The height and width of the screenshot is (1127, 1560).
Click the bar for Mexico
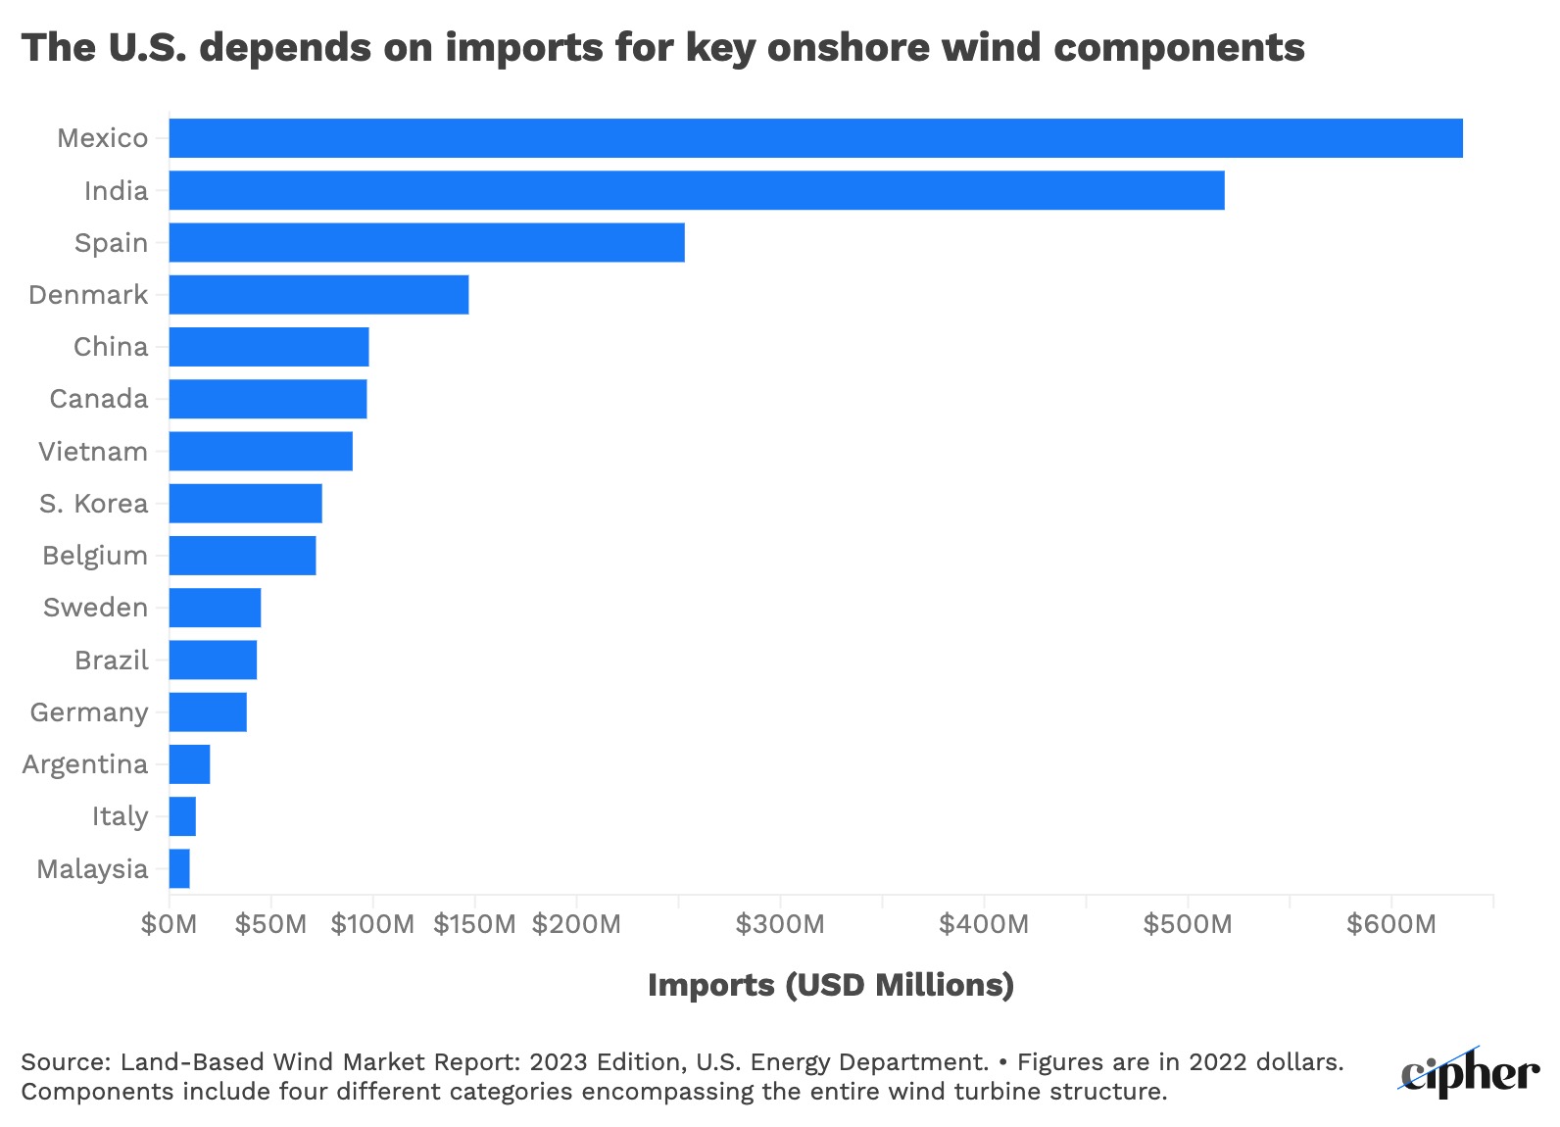[x=815, y=138]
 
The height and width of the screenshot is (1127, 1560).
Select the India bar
[x=696, y=190]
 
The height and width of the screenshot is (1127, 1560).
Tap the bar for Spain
[x=426, y=242]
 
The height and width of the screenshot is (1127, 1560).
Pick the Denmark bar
[x=318, y=294]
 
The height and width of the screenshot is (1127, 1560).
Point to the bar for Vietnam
[x=261, y=451]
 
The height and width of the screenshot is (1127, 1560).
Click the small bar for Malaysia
[x=179, y=868]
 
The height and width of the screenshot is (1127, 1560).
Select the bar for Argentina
[x=189, y=764]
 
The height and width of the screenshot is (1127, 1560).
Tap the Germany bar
[x=208, y=711]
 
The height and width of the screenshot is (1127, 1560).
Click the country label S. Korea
[x=93, y=504]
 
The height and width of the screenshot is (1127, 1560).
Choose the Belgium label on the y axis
[x=95, y=556]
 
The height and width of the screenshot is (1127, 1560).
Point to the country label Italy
[x=120, y=816]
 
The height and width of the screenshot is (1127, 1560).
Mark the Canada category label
[x=99, y=399]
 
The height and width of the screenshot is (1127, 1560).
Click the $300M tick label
[x=780, y=924]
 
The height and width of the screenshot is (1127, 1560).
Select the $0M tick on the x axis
[x=170, y=924]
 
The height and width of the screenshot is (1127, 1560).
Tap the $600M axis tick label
[x=1390, y=924]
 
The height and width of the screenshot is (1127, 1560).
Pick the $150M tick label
[x=474, y=924]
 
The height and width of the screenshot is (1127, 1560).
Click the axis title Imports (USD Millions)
[x=831, y=985]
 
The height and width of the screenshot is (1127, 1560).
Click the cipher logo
[x=1469, y=1073]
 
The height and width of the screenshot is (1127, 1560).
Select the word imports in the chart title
[x=524, y=47]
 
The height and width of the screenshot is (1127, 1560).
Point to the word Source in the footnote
[x=66, y=1062]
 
